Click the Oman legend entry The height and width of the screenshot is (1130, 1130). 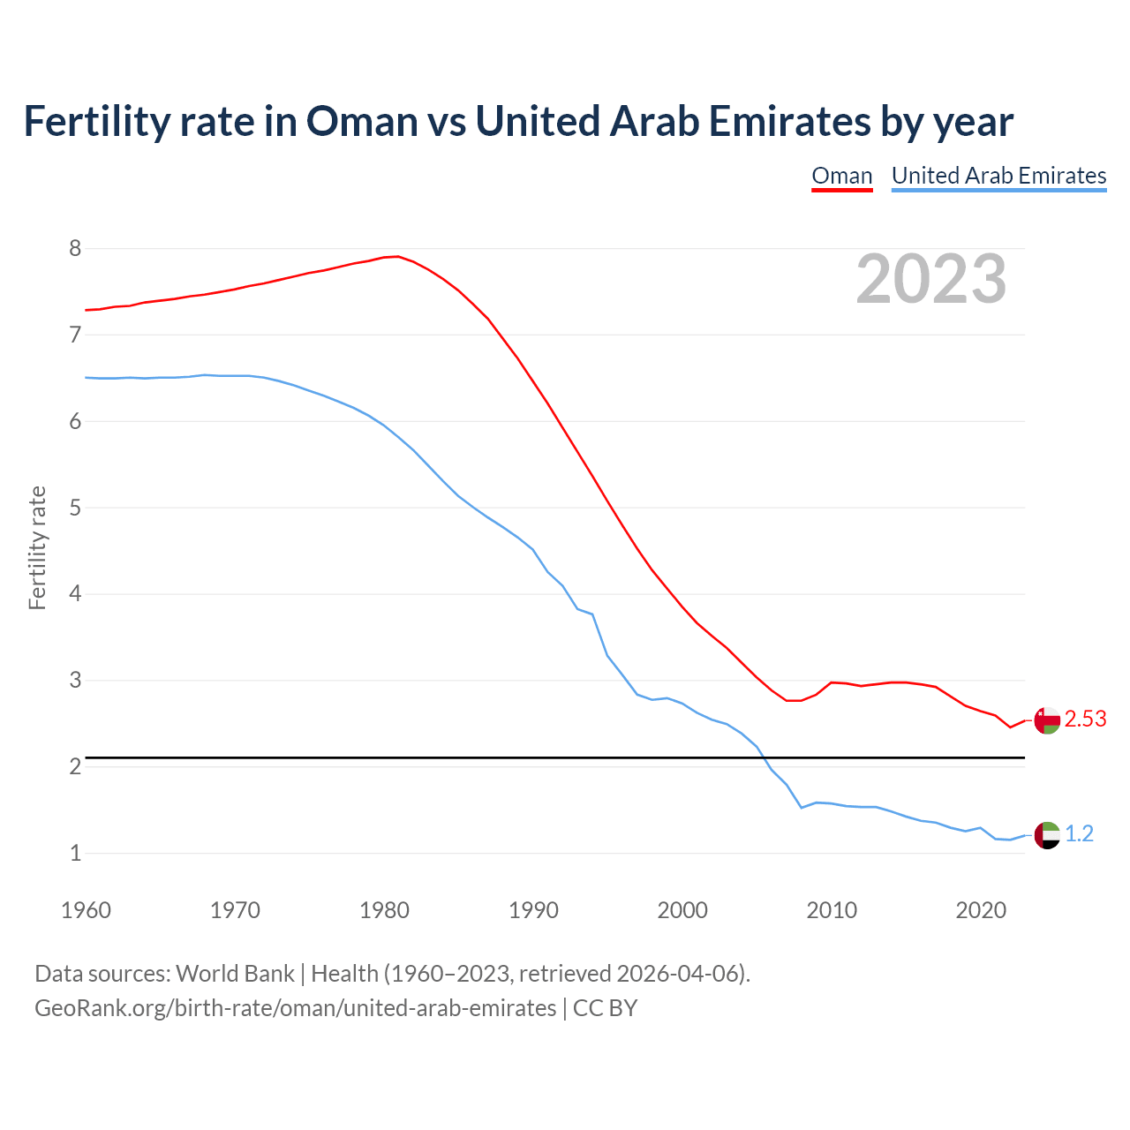pyautogui.click(x=841, y=176)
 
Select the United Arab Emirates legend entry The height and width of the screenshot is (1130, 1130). pyautogui.click(x=998, y=176)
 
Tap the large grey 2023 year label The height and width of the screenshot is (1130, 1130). pyautogui.click(x=930, y=279)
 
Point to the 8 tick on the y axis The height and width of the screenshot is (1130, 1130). pyautogui.click(x=75, y=249)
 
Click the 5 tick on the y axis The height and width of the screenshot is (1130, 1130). pyautogui.click(x=75, y=508)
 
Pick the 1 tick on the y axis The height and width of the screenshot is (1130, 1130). pyautogui.click(x=75, y=853)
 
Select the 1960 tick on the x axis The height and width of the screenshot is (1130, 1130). pyautogui.click(x=86, y=910)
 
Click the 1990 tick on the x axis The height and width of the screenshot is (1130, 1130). pyautogui.click(x=533, y=910)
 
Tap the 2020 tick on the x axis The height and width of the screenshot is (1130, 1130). pyautogui.click(x=981, y=910)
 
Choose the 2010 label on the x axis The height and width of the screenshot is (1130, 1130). pyautogui.click(x=832, y=910)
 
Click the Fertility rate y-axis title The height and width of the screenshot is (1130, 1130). pyautogui.click(x=37, y=547)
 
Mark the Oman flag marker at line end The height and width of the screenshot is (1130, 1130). pyautogui.click(x=1047, y=720)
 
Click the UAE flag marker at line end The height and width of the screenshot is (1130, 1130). pyautogui.click(x=1047, y=834)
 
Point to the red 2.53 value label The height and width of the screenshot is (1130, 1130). pyautogui.click(x=1085, y=719)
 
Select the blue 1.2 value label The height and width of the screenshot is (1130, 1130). pyautogui.click(x=1079, y=834)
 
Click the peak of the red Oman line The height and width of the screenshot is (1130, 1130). pyautogui.click(x=398, y=256)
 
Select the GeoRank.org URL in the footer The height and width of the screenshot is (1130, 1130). pyautogui.click(x=295, y=1008)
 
